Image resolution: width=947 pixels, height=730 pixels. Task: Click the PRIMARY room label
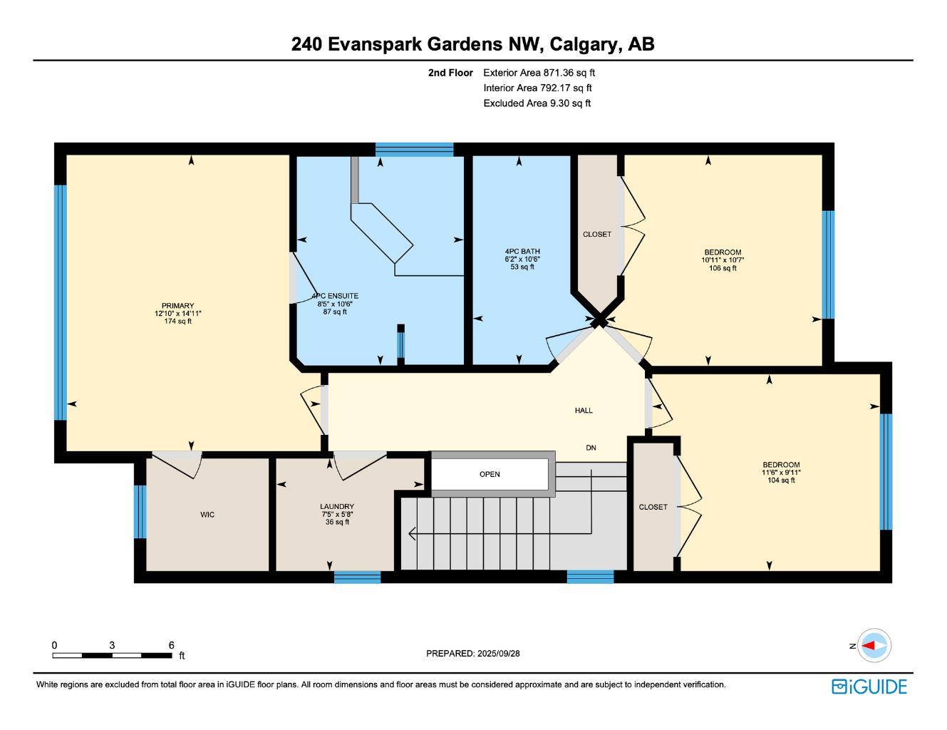(177, 306)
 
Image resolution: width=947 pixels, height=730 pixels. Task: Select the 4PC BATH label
(522, 252)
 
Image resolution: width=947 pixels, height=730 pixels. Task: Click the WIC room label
(207, 515)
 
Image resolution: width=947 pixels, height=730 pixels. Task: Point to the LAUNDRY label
(337, 507)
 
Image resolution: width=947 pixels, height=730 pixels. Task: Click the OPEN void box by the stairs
(490, 475)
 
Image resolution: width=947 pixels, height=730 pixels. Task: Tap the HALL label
(584, 411)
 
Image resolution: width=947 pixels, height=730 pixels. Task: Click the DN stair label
(591, 448)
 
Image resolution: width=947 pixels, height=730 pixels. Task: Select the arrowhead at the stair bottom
(413, 533)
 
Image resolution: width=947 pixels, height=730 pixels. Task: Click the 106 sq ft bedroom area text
(723, 268)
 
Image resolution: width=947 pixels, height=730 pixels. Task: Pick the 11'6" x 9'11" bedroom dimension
(781, 473)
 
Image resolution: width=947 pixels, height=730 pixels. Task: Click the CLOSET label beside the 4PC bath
(597, 235)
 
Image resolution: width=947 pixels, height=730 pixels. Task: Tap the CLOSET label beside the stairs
(653, 507)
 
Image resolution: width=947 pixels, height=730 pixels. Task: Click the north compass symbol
(873, 646)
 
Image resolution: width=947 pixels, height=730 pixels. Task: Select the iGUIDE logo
(869, 687)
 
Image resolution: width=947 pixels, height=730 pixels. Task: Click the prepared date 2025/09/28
(499, 653)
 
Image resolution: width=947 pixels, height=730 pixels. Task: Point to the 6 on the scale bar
(172, 645)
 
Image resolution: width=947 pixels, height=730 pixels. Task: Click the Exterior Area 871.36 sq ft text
(539, 73)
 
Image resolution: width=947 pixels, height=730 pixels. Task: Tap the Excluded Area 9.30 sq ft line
(537, 103)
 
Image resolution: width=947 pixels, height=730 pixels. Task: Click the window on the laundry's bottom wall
(357, 577)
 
